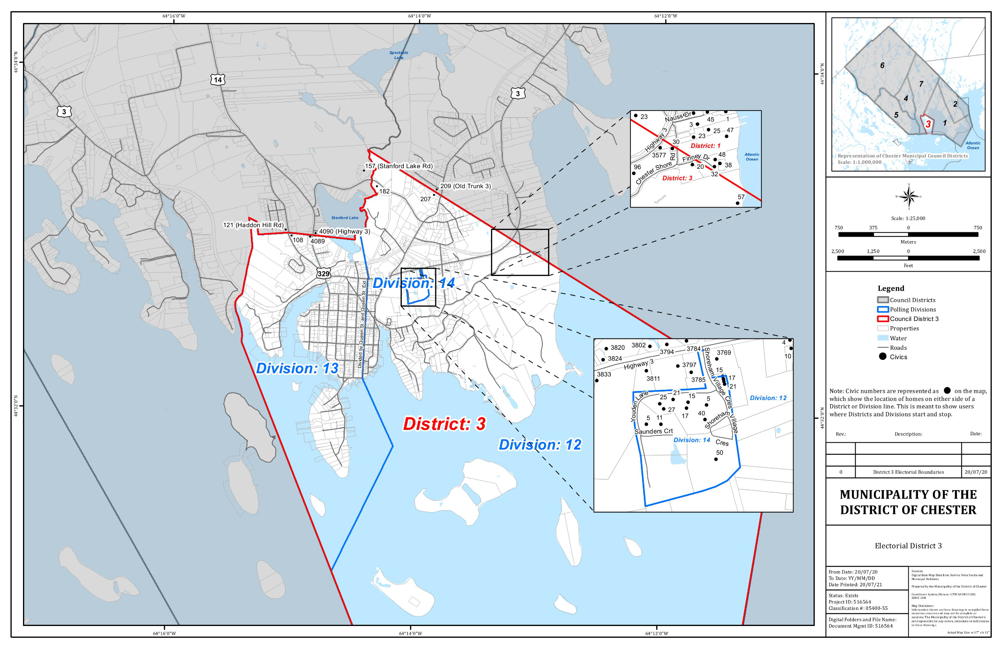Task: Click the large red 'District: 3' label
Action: coord(444,424)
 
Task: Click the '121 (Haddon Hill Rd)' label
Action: coord(253,225)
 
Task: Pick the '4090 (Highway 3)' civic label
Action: coord(344,231)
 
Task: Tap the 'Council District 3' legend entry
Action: coord(914,319)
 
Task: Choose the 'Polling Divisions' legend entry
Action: coord(912,309)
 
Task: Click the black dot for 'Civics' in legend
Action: coord(882,357)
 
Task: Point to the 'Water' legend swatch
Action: coord(883,338)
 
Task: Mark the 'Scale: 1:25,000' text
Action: coord(908,218)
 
